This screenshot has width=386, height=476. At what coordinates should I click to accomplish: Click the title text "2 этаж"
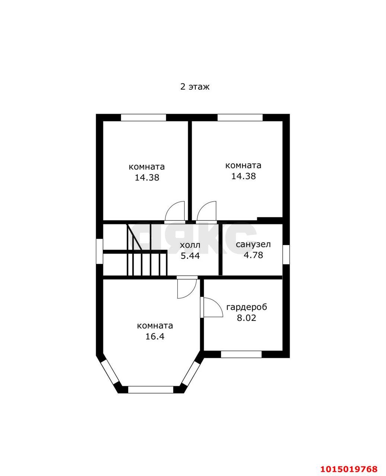[x=195, y=87]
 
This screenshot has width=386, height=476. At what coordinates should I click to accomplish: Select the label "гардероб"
[x=247, y=307]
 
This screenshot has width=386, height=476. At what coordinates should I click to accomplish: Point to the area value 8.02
[x=247, y=318]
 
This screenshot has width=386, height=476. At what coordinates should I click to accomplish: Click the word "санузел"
[x=253, y=244]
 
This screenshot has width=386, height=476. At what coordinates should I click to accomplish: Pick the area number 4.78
[x=253, y=255]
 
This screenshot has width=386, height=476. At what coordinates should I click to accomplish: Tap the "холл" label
[x=190, y=245]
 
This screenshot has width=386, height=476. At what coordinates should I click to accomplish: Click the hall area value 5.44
[x=190, y=255]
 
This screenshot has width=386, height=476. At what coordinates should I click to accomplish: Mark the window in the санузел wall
[x=286, y=254]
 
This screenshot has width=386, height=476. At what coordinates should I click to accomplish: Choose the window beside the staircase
[x=99, y=251]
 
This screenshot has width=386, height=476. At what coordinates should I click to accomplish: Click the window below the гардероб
[x=241, y=354]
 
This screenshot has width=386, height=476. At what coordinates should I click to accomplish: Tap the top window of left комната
[x=143, y=118]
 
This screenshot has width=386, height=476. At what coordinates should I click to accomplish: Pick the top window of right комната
[x=240, y=118]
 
